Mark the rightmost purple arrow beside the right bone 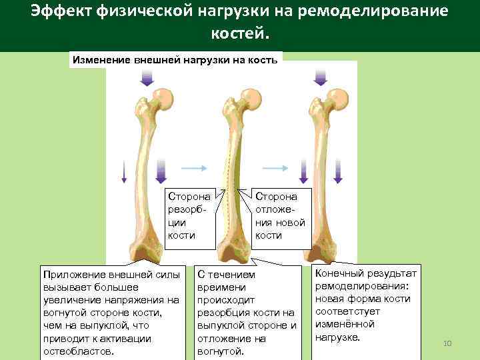point(339,171)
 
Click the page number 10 point(447,343)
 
